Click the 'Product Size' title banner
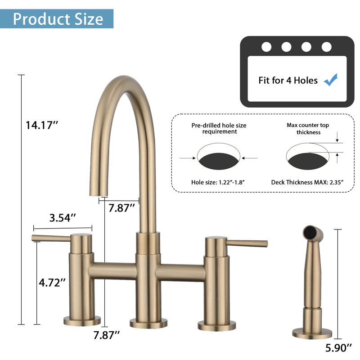point(57,19)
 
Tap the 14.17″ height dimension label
point(42,126)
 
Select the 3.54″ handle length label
point(63,218)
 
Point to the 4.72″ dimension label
point(52,283)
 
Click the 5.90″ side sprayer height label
point(338,348)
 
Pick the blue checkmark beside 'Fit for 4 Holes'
point(331,80)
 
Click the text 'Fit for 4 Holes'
point(288,81)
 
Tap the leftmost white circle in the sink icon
point(266,47)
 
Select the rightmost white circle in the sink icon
point(327,47)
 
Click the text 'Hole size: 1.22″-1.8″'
point(218,182)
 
